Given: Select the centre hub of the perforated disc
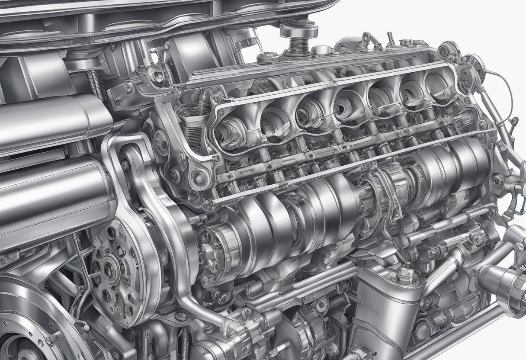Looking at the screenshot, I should tap(108, 270).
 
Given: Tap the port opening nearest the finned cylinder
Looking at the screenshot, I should tap(229, 130).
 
